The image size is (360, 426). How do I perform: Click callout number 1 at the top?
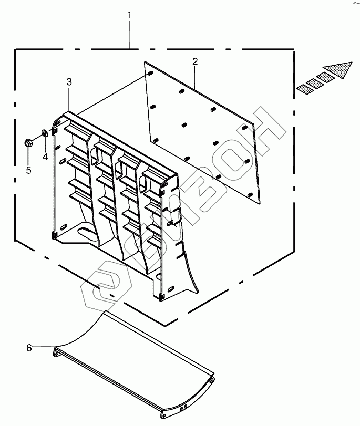coord(129,16)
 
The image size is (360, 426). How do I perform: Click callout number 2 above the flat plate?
coord(194,62)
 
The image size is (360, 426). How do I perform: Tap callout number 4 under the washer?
coord(45,157)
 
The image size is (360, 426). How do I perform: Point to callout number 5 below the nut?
coord(28,170)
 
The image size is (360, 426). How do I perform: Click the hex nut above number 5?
coord(27,142)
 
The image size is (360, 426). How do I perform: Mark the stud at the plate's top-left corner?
coord(149,73)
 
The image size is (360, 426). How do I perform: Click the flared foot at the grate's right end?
coord(192,273)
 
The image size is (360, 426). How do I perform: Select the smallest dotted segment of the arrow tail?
coord(302,89)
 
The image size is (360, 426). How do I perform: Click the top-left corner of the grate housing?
coord(67,113)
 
